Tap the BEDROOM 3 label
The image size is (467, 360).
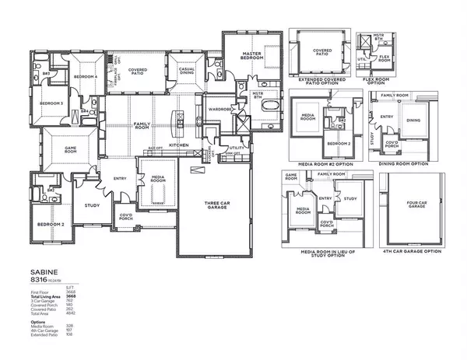coord(51,103)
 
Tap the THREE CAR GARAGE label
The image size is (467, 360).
coord(215,205)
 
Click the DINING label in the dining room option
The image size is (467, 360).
coord(413,120)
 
